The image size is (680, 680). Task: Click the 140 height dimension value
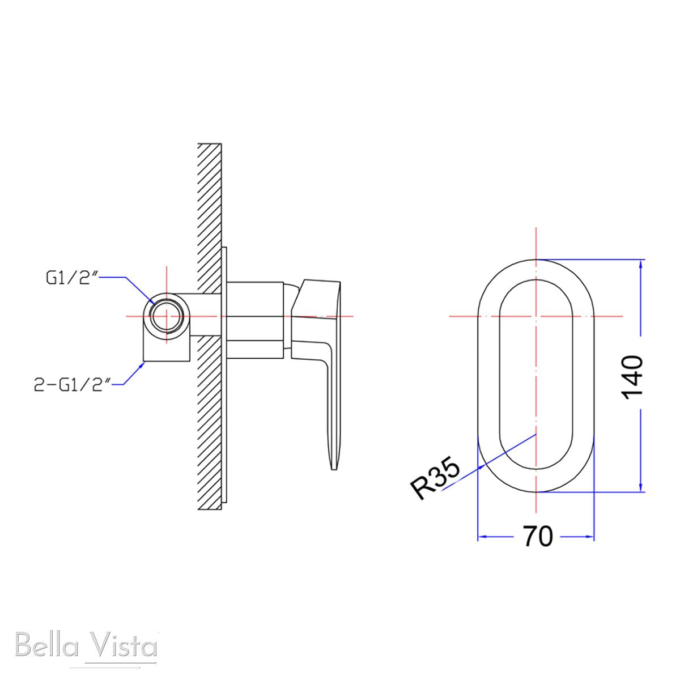634,377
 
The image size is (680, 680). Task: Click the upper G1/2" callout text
71,278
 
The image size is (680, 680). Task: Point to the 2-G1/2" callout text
73,385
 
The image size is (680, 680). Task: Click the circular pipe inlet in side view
167,316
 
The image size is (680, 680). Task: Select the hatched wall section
210,326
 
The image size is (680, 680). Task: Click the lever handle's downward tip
334,469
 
